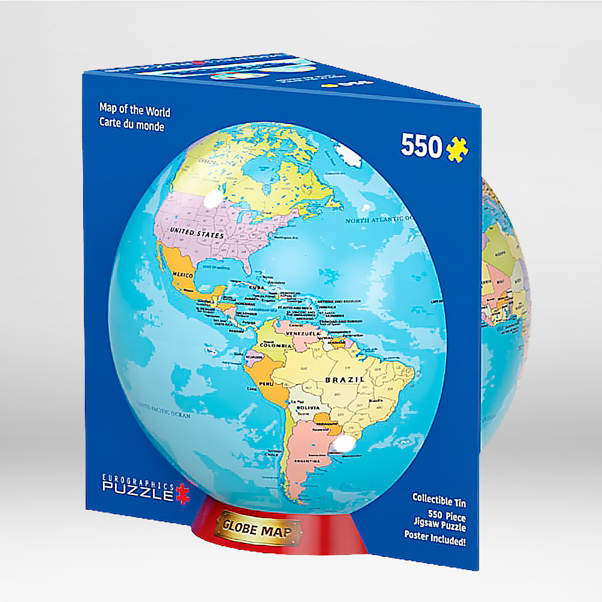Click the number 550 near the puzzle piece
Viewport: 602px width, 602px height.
(421, 146)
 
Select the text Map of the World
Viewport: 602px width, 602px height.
(135, 111)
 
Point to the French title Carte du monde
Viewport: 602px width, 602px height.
(132, 126)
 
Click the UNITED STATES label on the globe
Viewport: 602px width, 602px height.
(197, 233)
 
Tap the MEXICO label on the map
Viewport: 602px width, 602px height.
(184, 275)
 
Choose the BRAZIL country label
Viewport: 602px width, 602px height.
(345, 380)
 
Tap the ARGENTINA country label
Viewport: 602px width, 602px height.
(306, 460)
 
